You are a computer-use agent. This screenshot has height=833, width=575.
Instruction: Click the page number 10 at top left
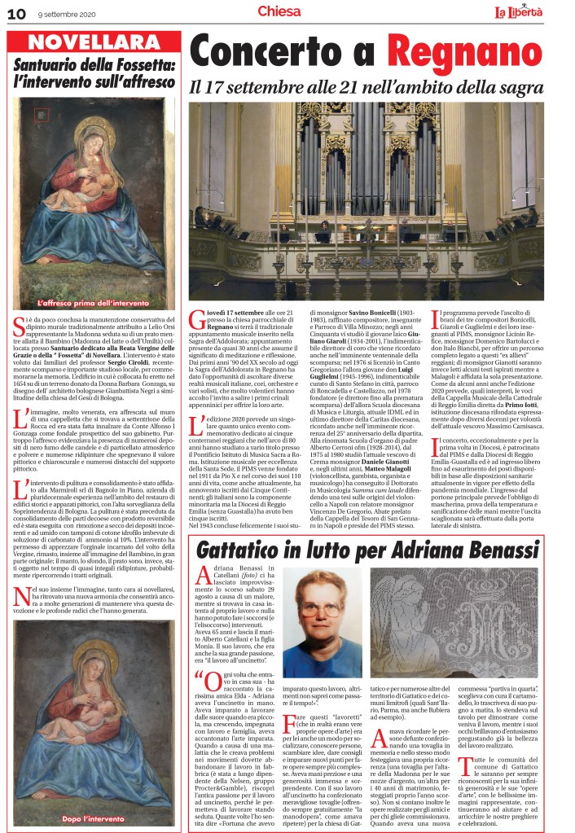click(16, 11)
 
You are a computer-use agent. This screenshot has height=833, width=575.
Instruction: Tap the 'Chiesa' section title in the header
click(279, 11)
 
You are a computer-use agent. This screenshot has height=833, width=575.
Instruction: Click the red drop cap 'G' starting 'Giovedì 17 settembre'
click(196, 321)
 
